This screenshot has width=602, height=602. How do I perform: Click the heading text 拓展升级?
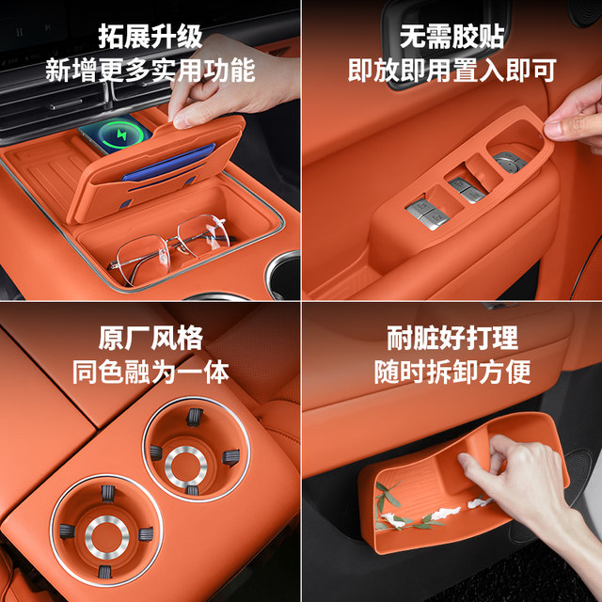point(150,38)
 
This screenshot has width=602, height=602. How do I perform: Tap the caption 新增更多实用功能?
point(150,70)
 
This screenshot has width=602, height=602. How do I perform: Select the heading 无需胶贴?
point(451,38)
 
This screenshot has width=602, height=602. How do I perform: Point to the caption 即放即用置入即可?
point(451,70)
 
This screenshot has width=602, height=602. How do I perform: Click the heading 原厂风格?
point(150,338)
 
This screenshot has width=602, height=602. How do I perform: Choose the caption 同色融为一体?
point(150,371)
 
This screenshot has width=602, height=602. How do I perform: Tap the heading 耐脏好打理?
point(451,338)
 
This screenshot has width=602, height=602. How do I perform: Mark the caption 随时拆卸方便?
point(451,371)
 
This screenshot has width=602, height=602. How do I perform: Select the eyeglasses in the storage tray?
point(169,246)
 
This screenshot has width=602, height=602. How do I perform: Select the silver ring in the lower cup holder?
point(106,537)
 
